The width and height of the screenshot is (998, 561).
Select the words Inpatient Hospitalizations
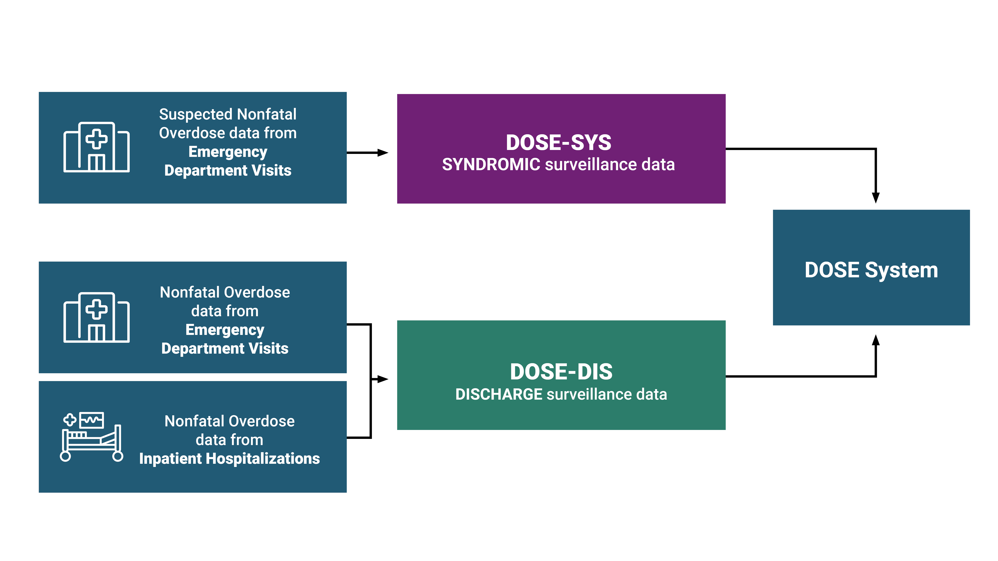[229, 459]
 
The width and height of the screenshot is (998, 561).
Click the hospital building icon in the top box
[96, 147]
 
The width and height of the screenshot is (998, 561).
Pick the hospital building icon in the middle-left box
[96, 318]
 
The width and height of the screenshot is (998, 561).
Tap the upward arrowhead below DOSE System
[876, 340]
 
